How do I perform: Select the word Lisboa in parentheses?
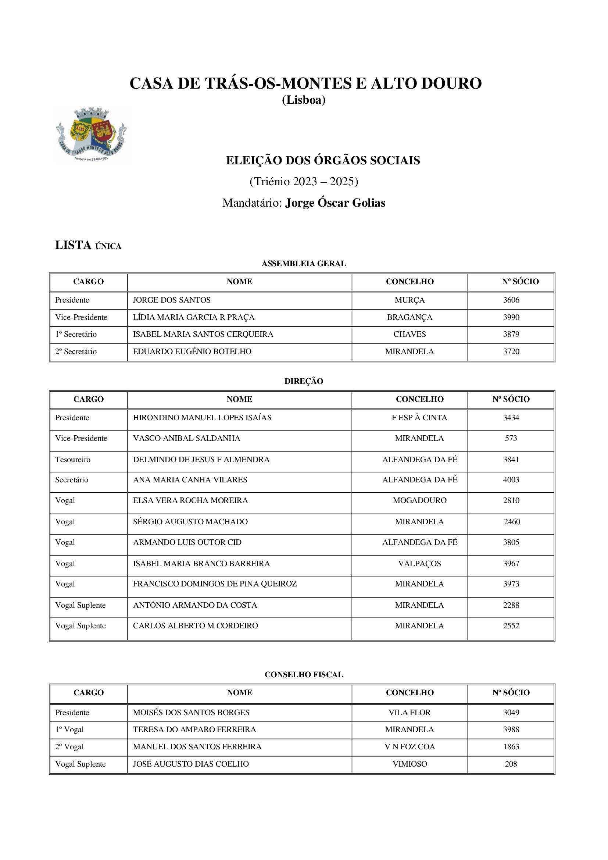304,100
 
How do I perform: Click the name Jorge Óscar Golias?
335,203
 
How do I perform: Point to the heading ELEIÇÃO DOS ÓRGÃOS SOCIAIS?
323,160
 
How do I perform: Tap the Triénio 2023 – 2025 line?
304,182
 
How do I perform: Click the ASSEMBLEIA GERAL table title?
304,264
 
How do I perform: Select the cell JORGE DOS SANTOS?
172,300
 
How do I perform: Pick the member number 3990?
511,317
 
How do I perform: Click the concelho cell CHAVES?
409,334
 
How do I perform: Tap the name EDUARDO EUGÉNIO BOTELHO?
192,352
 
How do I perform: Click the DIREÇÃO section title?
304,381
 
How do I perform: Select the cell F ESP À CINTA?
419,418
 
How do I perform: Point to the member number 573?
511,438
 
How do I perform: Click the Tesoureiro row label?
73,460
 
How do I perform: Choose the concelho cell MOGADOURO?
419,500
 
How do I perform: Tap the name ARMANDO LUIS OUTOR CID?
187,542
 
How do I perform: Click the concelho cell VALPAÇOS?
419,564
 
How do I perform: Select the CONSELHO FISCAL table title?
304,675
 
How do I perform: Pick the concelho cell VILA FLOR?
409,713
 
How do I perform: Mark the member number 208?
511,764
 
